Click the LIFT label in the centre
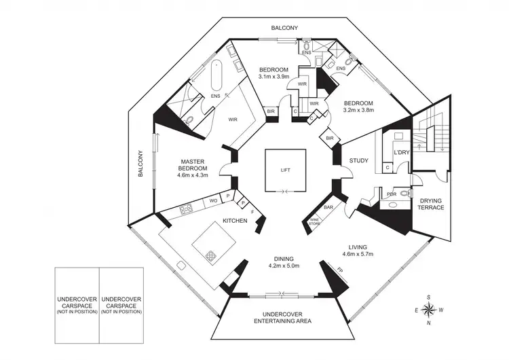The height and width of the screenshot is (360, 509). click(284, 170)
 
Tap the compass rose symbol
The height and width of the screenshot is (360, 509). click(429, 310)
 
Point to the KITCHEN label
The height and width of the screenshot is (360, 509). click(235, 221)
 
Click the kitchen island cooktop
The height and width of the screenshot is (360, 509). click(212, 255)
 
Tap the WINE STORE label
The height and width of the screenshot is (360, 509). click(315, 221)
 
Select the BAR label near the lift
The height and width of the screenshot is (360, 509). click(328, 207)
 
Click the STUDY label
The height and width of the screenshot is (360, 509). click(358, 161)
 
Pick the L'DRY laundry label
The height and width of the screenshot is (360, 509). click(402, 153)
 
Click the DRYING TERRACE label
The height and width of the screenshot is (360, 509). click(432, 203)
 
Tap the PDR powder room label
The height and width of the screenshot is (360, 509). click(392, 194)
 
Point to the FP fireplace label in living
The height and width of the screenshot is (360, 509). click(340, 270)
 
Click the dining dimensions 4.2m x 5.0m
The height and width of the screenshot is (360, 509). click(284, 266)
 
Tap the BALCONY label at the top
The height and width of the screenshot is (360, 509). click(284, 28)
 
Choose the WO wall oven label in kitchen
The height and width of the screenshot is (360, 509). click(212, 202)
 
